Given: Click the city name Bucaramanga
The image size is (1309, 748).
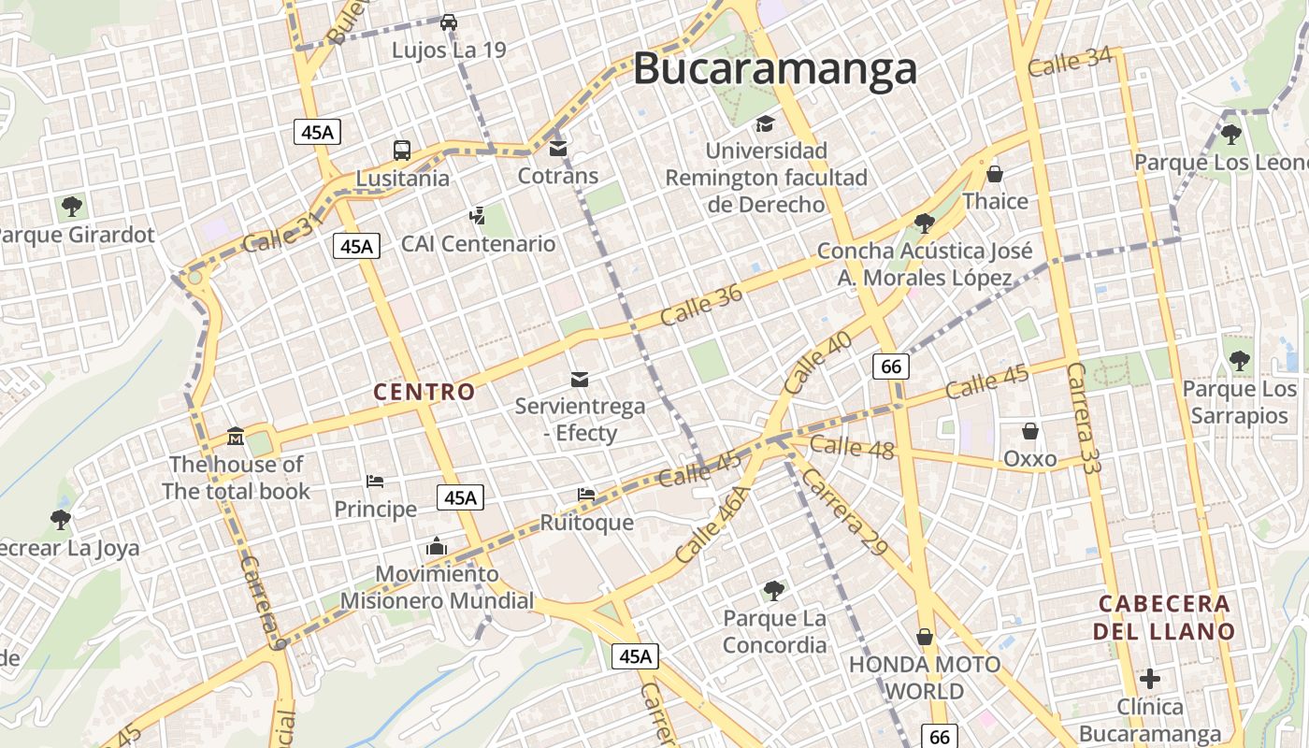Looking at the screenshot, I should tap(775, 70).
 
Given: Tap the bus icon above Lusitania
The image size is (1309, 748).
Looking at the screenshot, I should tap(402, 150).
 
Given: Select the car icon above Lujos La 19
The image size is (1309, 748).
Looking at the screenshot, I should tap(449, 22).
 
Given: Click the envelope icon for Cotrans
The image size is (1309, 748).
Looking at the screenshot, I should tap(558, 148).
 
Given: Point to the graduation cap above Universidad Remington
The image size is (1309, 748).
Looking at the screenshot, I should tap(765, 123).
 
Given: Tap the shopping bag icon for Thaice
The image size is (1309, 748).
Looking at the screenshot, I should tap(995, 174).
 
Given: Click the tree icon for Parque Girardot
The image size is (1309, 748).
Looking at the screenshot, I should tap(71, 207).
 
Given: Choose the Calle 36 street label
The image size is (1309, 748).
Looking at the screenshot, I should tap(701, 305).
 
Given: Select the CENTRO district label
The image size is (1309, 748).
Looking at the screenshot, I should tap(424, 392).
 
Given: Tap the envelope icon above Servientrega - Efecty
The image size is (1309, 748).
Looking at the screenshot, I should tap(580, 379).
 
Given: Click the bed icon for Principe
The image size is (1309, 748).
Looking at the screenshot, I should tap(375, 482).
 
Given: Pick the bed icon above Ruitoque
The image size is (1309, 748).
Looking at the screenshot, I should tap(586, 494).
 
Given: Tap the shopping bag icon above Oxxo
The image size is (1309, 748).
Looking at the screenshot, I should tap(1029, 431).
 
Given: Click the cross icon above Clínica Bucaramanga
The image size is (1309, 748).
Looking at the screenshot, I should tap(1150, 679).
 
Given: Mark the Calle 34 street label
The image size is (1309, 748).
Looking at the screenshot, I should tap(1070, 62).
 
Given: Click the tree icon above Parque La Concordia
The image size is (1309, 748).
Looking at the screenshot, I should tap(773, 590).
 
